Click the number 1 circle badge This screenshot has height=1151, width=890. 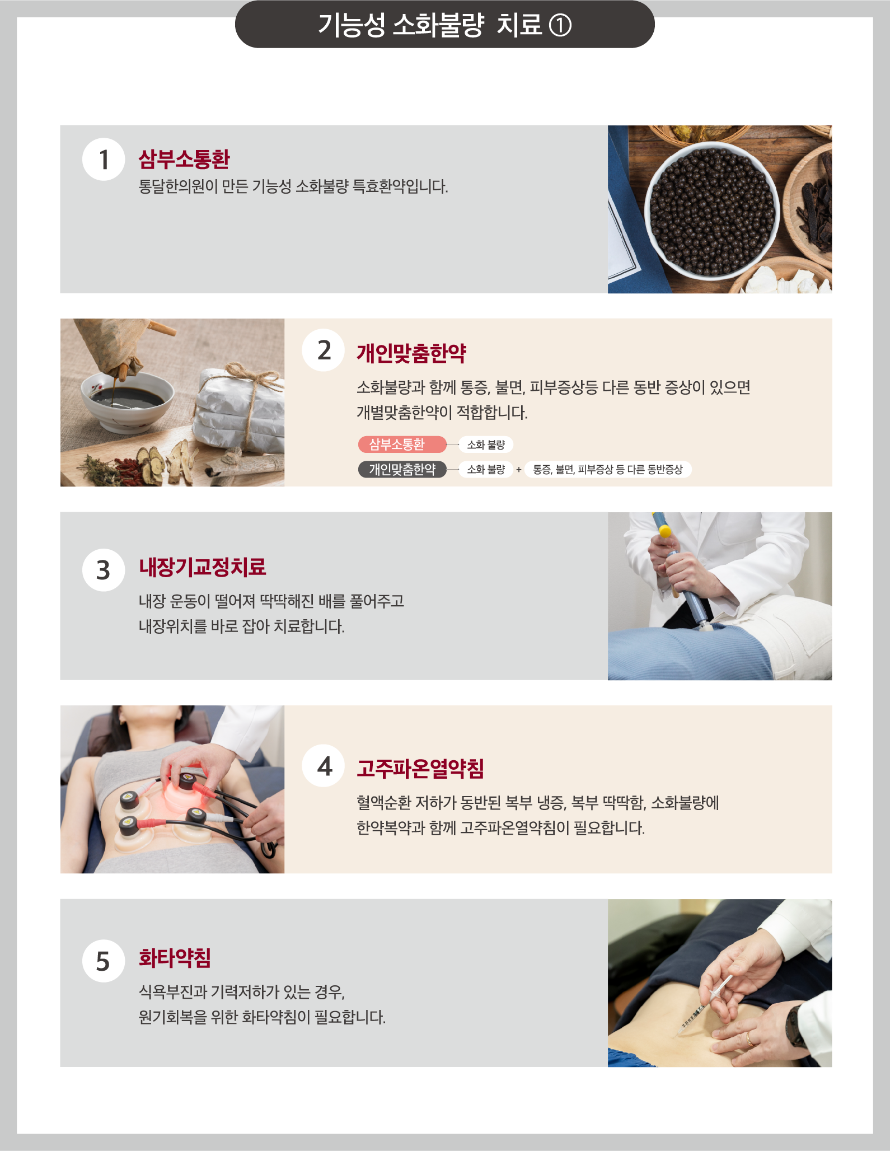tap(104, 160)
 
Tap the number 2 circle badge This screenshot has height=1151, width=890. tap(324, 350)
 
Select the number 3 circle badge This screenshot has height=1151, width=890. tap(104, 570)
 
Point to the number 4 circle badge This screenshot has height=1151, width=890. tap(324, 766)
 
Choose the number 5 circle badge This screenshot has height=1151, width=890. tap(104, 961)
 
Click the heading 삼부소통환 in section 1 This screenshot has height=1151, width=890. tap(184, 159)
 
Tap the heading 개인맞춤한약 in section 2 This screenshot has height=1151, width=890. tap(411, 353)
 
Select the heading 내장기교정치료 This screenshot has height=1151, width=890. tap(203, 567)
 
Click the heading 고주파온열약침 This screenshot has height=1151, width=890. tap(420, 768)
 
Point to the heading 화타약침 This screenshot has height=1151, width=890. tap(175, 958)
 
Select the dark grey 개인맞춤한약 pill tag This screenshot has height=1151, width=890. tap(402, 469)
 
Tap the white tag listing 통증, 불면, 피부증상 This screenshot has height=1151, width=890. tap(608, 469)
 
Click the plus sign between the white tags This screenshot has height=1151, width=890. tap(519, 470)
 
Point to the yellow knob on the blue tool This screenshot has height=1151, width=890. tap(664, 531)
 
